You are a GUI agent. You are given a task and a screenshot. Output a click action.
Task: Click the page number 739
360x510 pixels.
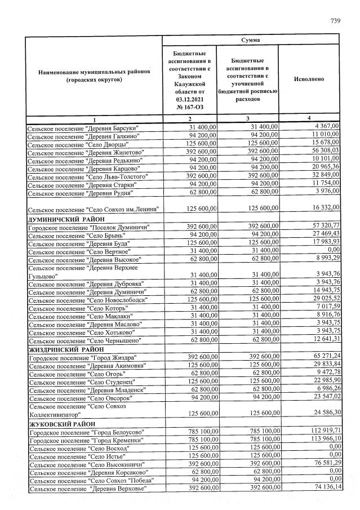click(x=336, y=21)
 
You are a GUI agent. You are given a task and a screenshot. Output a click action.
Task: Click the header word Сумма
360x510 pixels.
click(x=251, y=41)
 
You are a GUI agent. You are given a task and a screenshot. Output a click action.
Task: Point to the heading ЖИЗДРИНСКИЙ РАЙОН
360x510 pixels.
click(x=63, y=349)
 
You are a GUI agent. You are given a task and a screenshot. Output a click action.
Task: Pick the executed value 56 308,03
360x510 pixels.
click(x=321, y=152)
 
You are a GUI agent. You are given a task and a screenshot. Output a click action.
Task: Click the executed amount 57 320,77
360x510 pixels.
click(x=321, y=226)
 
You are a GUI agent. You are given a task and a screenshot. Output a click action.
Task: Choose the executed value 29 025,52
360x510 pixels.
click(x=321, y=299)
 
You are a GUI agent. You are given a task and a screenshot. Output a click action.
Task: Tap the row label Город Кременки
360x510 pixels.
click(x=86, y=440)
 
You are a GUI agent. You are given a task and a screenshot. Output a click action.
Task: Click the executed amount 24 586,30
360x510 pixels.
click(x=321, y=414)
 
